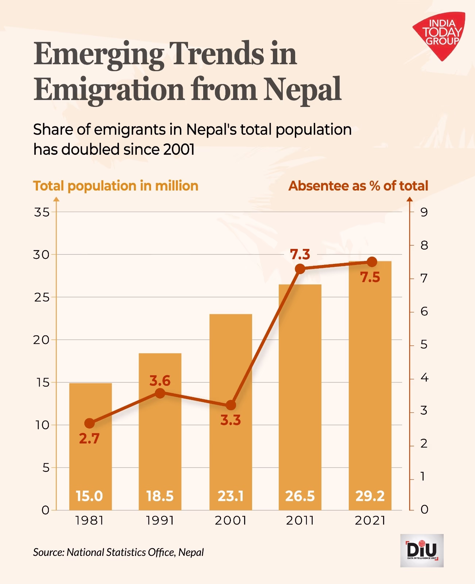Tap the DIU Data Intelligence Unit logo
[x=422, y=550]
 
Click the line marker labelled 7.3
[x=300, y=269]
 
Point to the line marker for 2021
[x=372, y=262]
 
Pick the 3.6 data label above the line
[x=160, y=381]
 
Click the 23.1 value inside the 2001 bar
[x=231, y=496]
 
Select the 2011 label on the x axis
[x=300, y=520]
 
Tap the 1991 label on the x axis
[x=160, y=520]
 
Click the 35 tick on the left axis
[x=42, y=212]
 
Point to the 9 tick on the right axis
[x=424, y=212]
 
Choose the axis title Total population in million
[x=116, y=186]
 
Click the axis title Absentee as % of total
[x=358, y=186]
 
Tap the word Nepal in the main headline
[x=302, y=89]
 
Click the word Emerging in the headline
[x=99, y=54]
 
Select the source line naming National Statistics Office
[x=118, y=552]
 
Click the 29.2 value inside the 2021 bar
[x=370, y=496]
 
